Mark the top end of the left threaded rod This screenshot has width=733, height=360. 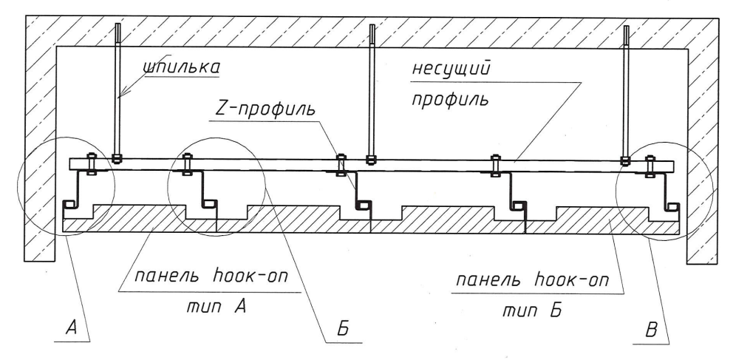(x=117, y=28)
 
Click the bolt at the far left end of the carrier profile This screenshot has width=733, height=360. (x=91, y=163)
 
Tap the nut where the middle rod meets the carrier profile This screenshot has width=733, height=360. (x=371, y=157)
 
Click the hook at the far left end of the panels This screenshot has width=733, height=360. (x=71, y=203)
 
